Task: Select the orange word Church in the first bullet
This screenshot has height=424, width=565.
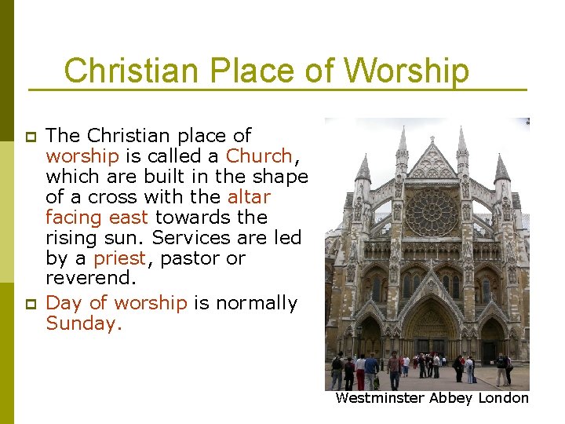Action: pos(259,155)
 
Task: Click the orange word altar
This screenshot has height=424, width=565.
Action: pos(249,196)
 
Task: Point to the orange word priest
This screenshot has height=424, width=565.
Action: pos(119,258)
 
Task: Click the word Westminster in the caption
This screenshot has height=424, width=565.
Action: pos(380,398)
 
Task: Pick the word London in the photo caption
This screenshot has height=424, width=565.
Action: pos(504,398)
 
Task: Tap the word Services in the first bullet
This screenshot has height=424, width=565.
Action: pos(187,237)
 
